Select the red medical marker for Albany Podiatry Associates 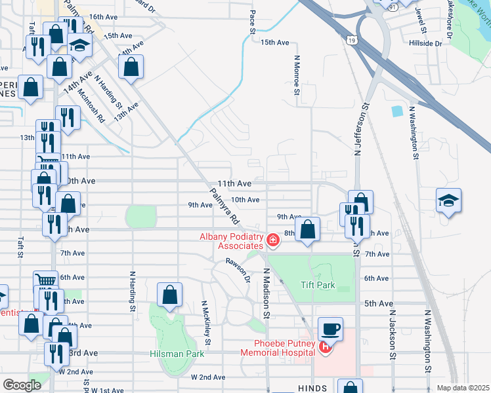273,242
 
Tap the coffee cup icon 330,329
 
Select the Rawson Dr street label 238,269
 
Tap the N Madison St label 267,293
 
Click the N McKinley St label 206,322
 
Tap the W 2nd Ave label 208,378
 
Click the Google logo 22,384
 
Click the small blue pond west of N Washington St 396,111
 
